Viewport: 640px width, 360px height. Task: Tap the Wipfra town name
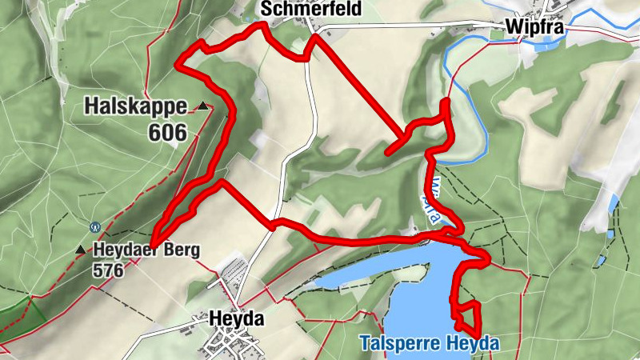535,28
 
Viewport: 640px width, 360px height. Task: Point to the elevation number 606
166,131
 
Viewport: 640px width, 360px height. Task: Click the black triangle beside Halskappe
204,106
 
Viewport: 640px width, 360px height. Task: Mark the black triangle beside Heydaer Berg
80,250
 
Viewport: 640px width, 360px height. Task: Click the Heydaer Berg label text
146,250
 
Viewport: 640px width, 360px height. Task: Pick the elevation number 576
108,270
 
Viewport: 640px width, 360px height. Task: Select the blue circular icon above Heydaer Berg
96,227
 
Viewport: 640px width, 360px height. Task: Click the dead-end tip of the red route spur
387,151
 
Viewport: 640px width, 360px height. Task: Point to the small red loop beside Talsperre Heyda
466,314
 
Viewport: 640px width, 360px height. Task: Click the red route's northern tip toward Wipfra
446,102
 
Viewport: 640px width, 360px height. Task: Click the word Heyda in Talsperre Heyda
478,344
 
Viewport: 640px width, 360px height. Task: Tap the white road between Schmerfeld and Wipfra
408,26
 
